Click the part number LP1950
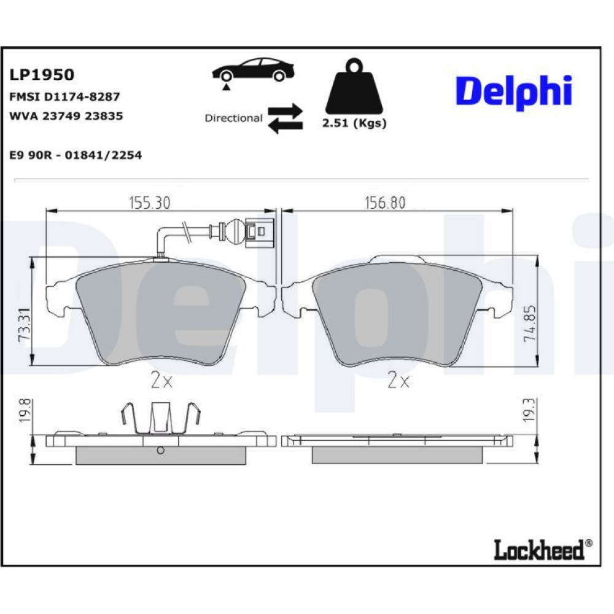click(x=42, y=74)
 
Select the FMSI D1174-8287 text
click(x=64, y=96)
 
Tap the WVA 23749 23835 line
click(x=66, y=116)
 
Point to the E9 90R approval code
click(x=76, y=155)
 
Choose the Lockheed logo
click(x=543, y=550)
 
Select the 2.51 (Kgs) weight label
click(x=354, y=123)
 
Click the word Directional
click(x=233, y=118)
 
